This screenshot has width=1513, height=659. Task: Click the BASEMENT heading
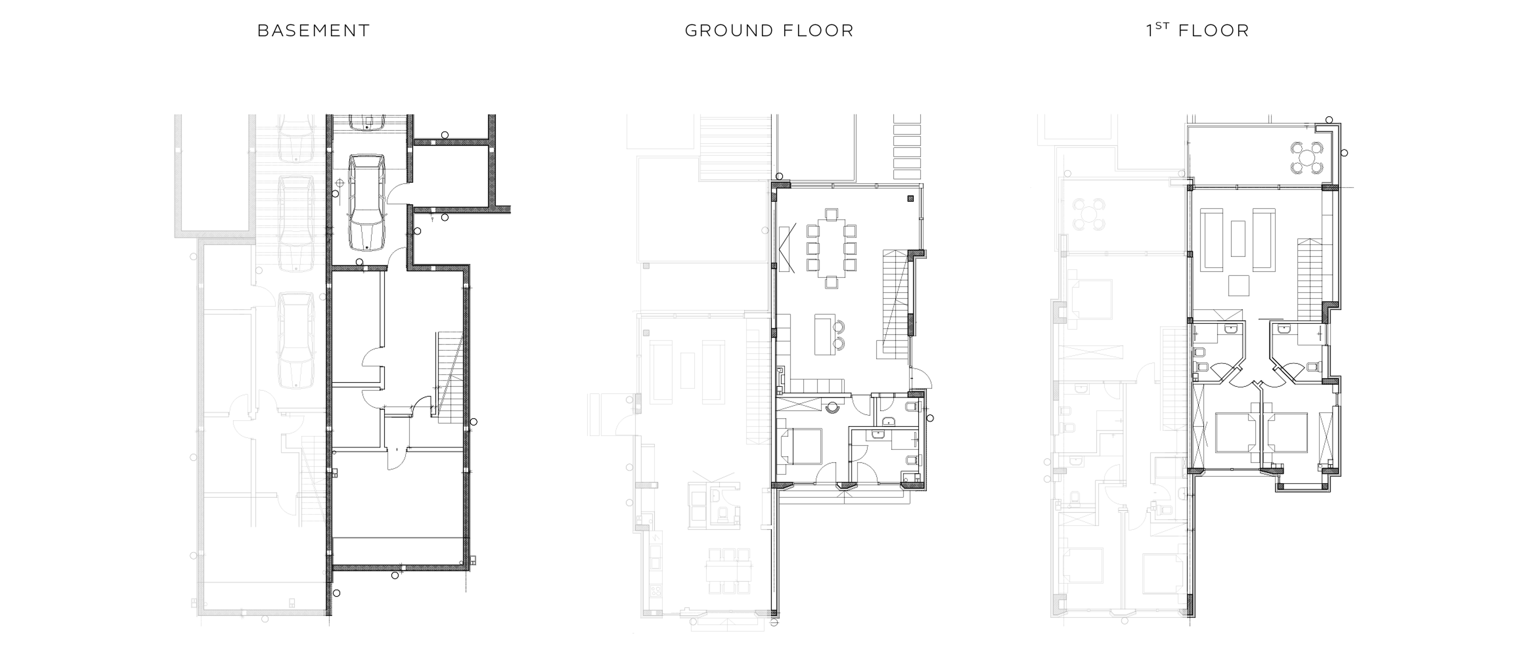314,31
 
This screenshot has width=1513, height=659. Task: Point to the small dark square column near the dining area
910,198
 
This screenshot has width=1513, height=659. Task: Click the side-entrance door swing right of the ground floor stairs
918,378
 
